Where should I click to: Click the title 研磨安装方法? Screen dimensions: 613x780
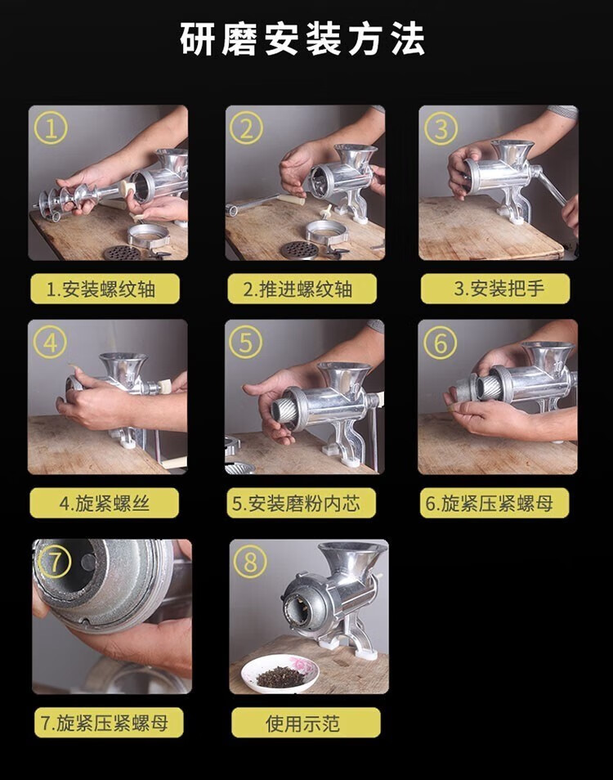[302, 38]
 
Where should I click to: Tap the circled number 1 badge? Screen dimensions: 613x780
[50, 128]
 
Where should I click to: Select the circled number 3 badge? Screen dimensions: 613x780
[441, 128]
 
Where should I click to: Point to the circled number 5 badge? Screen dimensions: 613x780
[245, 343]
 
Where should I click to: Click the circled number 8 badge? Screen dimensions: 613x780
[250, 562]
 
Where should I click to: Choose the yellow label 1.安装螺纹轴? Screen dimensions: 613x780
[105, 289]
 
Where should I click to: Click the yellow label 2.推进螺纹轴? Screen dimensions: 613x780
[302, 289]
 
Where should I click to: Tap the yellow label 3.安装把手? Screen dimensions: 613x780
[495, 289]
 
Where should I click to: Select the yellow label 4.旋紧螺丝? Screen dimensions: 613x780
[105, 503]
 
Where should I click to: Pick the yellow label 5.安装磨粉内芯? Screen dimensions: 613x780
[302, 503]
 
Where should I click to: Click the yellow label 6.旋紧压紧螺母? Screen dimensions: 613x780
[494, 503]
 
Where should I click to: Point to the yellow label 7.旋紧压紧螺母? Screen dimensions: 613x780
[109, 722]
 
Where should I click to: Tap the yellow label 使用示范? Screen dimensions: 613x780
[306, 723]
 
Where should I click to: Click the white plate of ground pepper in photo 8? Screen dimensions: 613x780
[280, 674]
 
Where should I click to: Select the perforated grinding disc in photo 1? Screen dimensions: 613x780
[123, 253]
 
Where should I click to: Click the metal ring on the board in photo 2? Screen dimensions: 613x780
[326, 231]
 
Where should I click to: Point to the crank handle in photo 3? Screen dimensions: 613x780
[549, 184]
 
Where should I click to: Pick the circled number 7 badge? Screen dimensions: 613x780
[54, 562]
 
